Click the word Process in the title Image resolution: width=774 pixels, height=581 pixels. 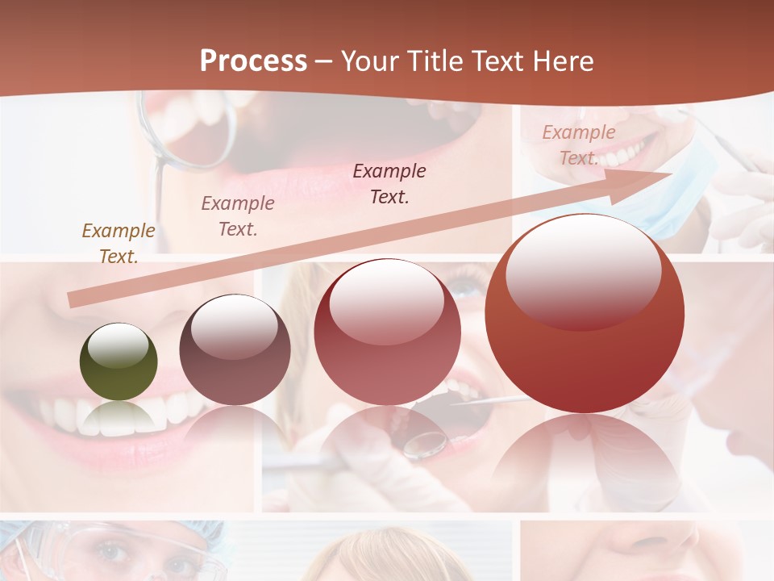[x=253, y=61]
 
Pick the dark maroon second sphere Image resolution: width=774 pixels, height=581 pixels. [x=235, y=350]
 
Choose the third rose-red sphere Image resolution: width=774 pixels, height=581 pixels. [x=387, y=332]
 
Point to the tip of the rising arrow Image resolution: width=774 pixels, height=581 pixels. [x=671, y=173]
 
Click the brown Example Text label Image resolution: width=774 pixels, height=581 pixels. [x=119, y=243]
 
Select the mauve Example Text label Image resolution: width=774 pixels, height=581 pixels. [x=238, y=215]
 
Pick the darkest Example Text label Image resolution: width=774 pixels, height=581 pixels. [x=389, y=183]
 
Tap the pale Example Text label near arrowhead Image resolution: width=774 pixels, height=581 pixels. [x=579, y=144]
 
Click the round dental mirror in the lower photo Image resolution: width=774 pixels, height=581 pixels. [x=426, y=441]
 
